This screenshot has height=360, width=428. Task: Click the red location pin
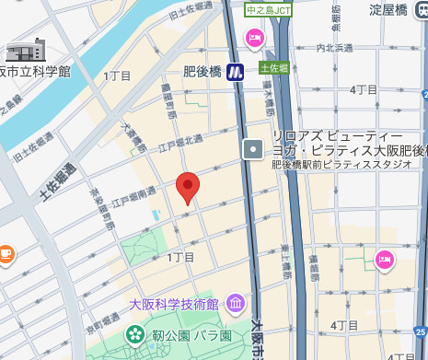click(x=188, y=186)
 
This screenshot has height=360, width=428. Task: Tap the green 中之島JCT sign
click(x=268, y=9)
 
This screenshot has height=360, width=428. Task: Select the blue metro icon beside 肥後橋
click(x=236, y=71)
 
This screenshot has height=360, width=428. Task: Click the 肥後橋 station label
click(x=202, y=71)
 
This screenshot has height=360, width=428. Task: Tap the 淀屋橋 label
click(x=388, y=9)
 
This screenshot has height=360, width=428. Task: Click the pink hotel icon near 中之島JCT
click(x=253, y=37)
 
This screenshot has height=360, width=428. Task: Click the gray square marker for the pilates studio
click(x=253, y=148)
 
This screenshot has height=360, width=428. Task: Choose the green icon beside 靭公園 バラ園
click(x=135, y=332)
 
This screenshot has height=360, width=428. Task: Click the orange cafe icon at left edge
click(x=5, y=251)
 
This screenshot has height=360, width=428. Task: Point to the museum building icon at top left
click(x=26, y=50)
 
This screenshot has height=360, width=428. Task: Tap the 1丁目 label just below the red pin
click(x=180, y=257)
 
